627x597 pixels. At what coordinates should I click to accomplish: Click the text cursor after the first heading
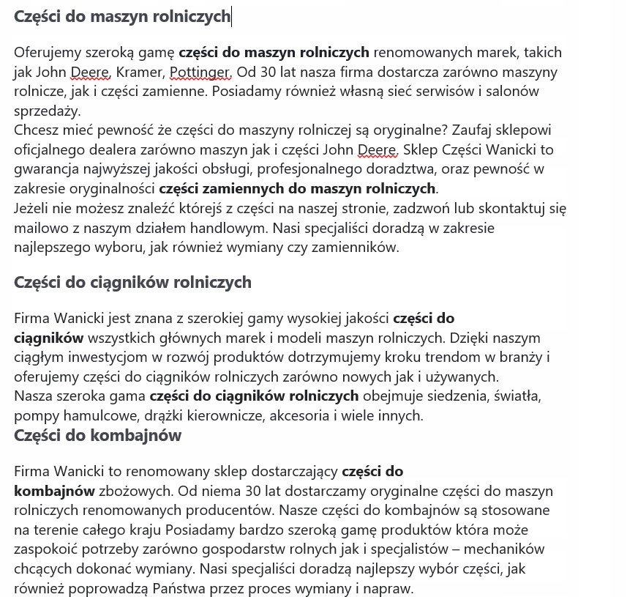(231, 16)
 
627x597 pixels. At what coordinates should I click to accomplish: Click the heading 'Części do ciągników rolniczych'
(132, 282)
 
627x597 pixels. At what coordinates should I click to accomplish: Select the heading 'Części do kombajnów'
(97, 435)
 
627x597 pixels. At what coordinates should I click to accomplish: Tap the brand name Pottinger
(200, 72)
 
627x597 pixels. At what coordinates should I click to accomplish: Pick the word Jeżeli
(34, 208)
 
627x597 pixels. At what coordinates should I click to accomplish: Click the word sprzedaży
(47, 111)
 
